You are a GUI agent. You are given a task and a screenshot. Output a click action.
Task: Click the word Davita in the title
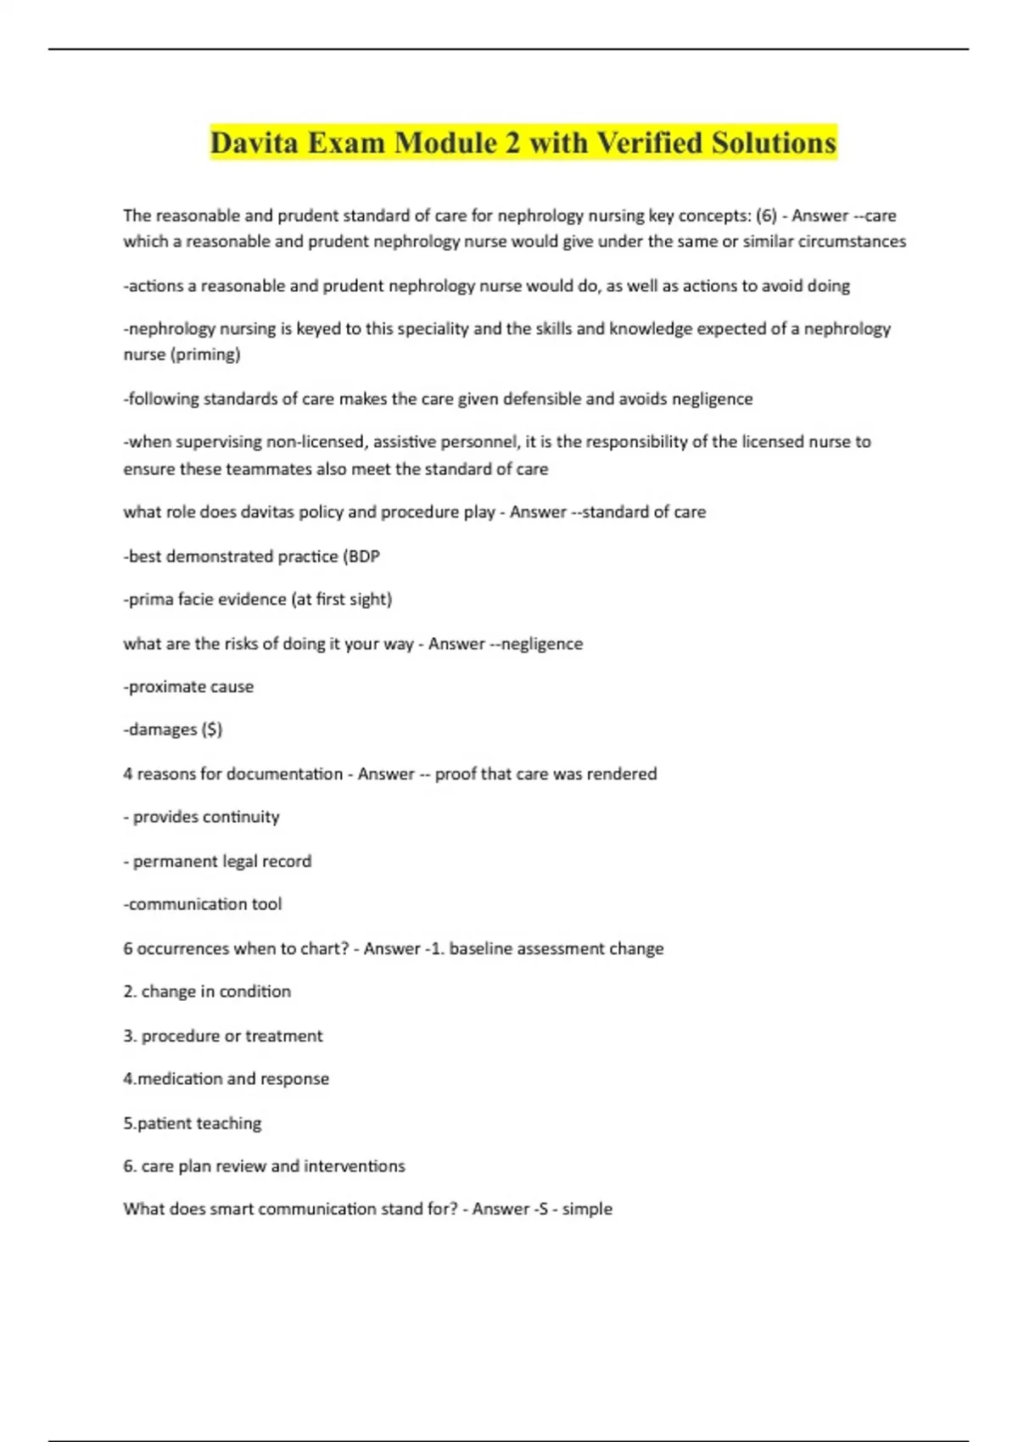pos(254,143)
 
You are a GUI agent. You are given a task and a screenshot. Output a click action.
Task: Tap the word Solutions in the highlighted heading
pos(774,143)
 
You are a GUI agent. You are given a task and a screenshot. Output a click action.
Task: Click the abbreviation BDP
pos(364,556)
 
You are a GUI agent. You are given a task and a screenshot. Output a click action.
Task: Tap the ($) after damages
pos(212,729)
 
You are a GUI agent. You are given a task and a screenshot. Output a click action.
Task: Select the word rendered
pos(628,774)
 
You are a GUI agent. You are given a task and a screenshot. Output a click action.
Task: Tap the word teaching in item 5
pos(229,1123)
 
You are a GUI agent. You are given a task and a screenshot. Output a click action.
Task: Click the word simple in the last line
pos(587,1209)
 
